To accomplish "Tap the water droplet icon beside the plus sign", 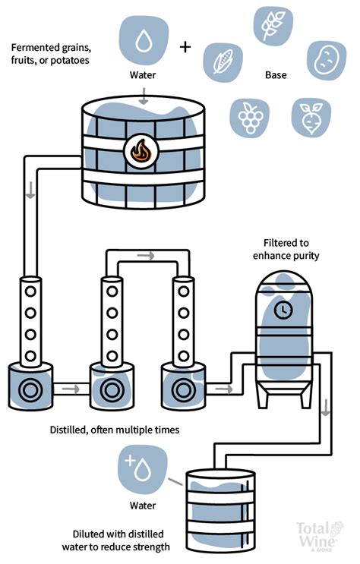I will pos(144,41).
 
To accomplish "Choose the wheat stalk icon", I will pos(272,26).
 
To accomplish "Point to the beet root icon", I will pos(311,116).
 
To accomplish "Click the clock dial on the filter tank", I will pos(283,309).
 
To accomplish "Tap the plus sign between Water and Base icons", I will pos(185,47).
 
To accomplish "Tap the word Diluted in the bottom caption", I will pos(92,534).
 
